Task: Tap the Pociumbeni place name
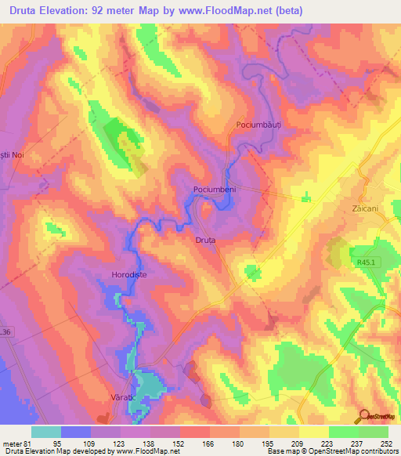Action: coord(215,190)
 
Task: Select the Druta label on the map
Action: coord(205,241)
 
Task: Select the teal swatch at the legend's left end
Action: coord(45,432)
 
